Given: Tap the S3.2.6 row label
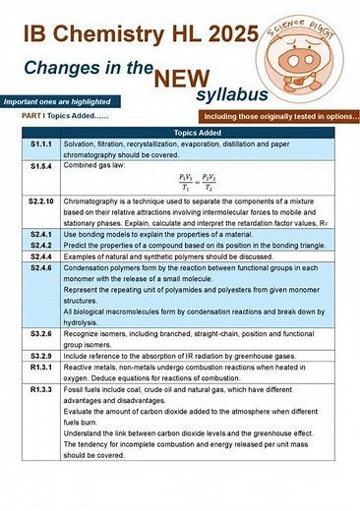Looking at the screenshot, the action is point(40,334).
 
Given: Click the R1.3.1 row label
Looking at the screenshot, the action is point(40,366).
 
